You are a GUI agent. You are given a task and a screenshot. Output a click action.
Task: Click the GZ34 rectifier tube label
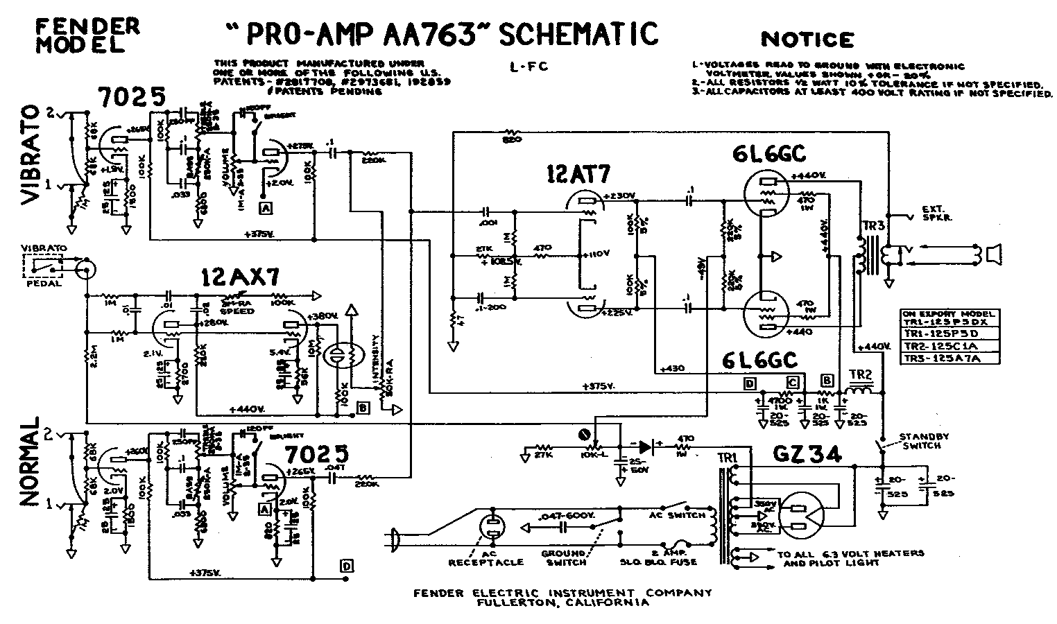(x=807, y=455)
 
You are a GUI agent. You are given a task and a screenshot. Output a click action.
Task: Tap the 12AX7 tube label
(x=240, y=277)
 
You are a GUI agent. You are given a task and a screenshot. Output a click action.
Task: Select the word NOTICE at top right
(x=807, y=39)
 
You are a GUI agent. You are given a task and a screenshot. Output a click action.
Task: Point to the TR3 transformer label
(x=873, y=227)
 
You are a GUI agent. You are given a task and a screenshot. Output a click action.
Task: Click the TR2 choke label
(x=861, y=376)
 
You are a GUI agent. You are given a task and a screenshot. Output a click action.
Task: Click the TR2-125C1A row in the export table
(x=949, y=345)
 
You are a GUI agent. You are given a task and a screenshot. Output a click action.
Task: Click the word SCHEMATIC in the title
(x=578, y=33)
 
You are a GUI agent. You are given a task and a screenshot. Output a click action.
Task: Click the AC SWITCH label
(x=676, y=514)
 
